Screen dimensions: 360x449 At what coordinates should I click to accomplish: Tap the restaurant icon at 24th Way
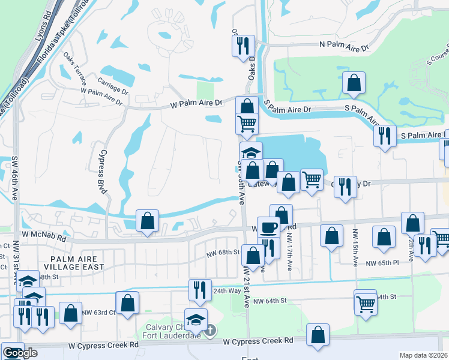pos(200,289)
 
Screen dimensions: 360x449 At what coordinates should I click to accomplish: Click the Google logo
pos(20,353)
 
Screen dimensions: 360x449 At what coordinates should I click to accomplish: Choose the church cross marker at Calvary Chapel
pos(210,330)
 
